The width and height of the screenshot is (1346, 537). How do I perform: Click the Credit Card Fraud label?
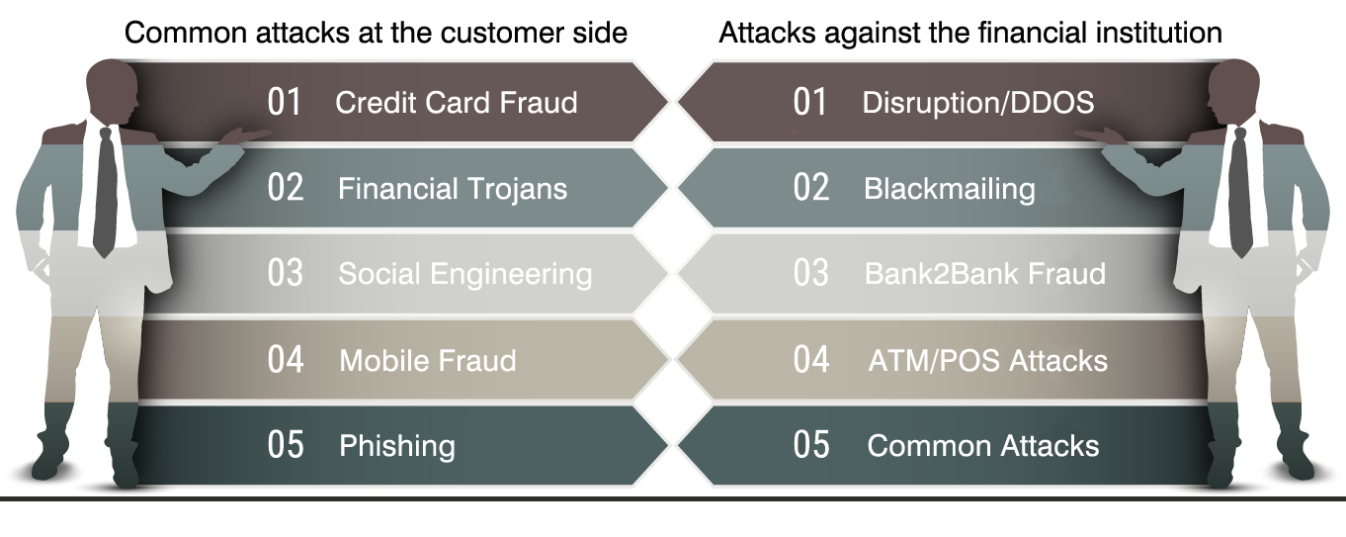456,102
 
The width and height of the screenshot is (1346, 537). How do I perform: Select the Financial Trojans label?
453,189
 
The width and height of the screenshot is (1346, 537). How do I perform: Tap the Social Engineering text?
465,275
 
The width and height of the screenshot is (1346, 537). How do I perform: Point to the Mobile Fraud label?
427,361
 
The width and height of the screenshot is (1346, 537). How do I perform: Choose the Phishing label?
397,447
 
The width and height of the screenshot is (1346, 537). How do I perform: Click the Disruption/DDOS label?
978,102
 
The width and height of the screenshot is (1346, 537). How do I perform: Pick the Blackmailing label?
950,190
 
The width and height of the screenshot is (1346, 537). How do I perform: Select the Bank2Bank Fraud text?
985,274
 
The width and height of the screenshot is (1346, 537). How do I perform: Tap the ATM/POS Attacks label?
987,361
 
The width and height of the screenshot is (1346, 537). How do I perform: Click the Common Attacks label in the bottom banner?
983,446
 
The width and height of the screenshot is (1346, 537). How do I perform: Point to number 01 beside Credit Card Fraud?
285,102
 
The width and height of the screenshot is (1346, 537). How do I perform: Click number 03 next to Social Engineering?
286,273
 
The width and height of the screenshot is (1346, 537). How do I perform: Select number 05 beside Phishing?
286,445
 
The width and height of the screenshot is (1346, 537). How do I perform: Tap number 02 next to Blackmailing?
811,187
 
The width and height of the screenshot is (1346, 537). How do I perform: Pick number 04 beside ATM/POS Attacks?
811,360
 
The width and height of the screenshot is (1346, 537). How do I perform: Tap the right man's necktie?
1240,193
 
